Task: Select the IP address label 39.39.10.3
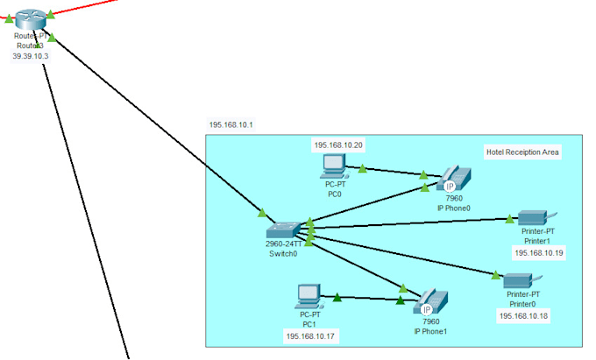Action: (x=29, y=55)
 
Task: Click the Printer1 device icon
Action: (x=533, y=216)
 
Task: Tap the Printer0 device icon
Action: (x=519, y=280)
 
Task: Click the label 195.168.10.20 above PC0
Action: (x=338, y=145)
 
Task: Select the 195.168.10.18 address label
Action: (x=523, y=315)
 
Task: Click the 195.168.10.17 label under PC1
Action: (x=309, y=335)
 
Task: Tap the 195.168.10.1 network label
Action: (x=231, y=125)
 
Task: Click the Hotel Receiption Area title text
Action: (x=521, y=152)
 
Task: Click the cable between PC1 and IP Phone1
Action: (x=368, y=299)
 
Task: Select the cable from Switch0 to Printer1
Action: (x=412, y=223)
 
